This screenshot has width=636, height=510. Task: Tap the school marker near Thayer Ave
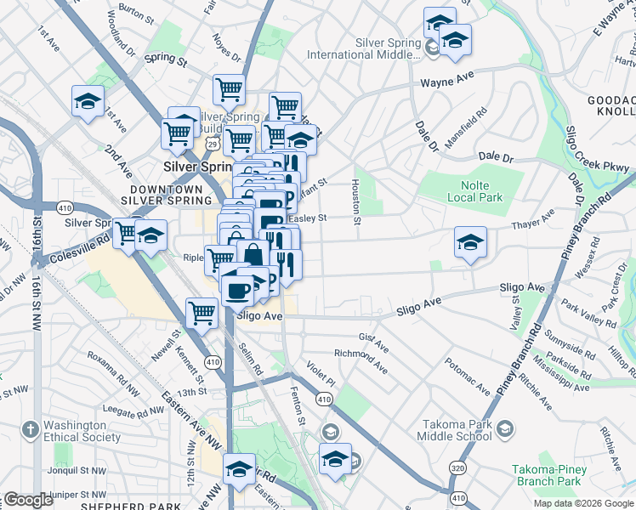point(470,242)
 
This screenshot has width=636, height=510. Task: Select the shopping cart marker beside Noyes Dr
point(229,88)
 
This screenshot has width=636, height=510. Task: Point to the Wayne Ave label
point(447,83)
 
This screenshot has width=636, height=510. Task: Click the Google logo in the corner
point(28,500)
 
